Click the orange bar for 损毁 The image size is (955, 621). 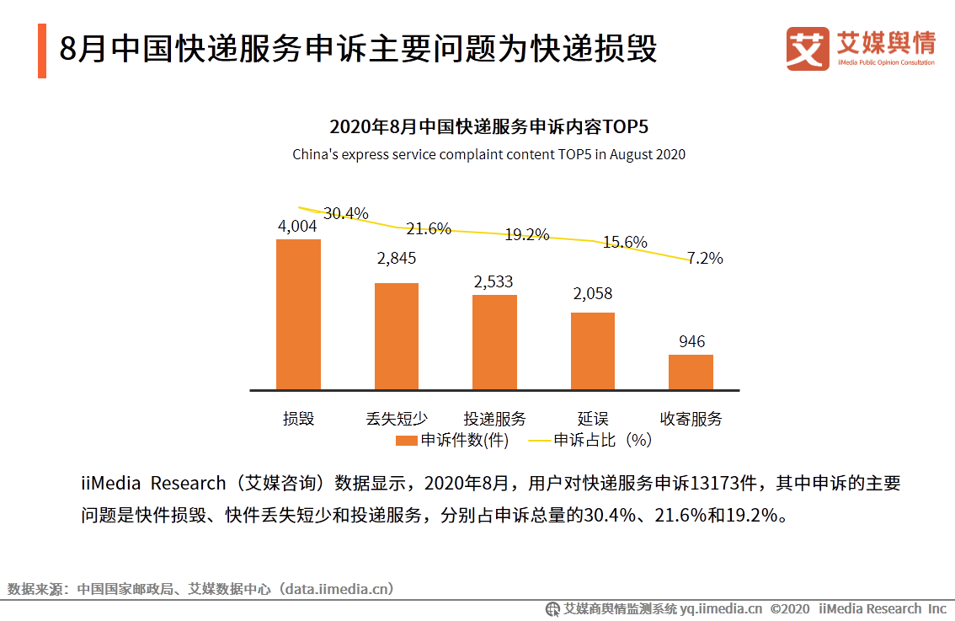click(298, 314)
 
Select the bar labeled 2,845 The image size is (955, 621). click(396, 336)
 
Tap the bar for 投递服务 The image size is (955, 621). click(494, 342)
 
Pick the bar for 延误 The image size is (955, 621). click(592, 351)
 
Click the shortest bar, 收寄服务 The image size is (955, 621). click(691, 372)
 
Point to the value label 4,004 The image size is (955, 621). click(297, 226)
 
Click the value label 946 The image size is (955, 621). click(691, 341)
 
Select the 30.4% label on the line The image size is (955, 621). click(346, 213)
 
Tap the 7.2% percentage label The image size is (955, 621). click(705, 259)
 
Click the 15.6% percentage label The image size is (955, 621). click(625, 242)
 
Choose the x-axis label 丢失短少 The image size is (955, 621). click(397, 419)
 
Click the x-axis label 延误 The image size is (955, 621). click(593, 419)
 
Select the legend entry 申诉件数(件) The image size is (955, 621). click(453, 440)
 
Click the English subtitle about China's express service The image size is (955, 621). click(488, 155)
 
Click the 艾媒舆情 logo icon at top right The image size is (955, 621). click(808, 49)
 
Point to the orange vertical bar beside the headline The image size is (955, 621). click(42, 51)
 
